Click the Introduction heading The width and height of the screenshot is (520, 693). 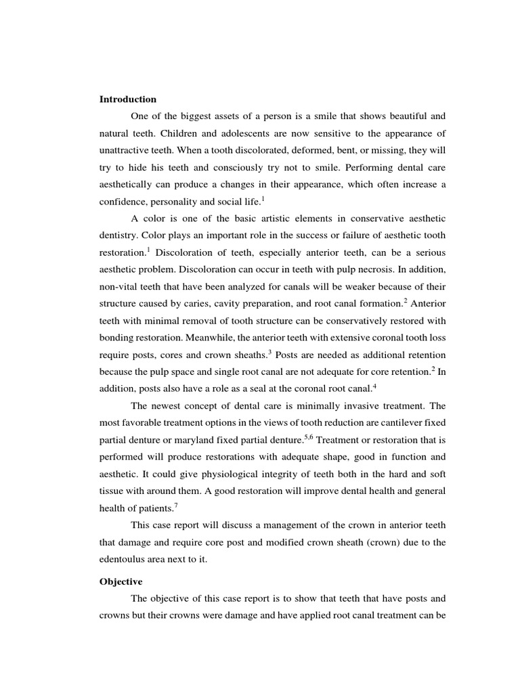[128, 99]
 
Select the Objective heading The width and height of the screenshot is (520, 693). [121, 581]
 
